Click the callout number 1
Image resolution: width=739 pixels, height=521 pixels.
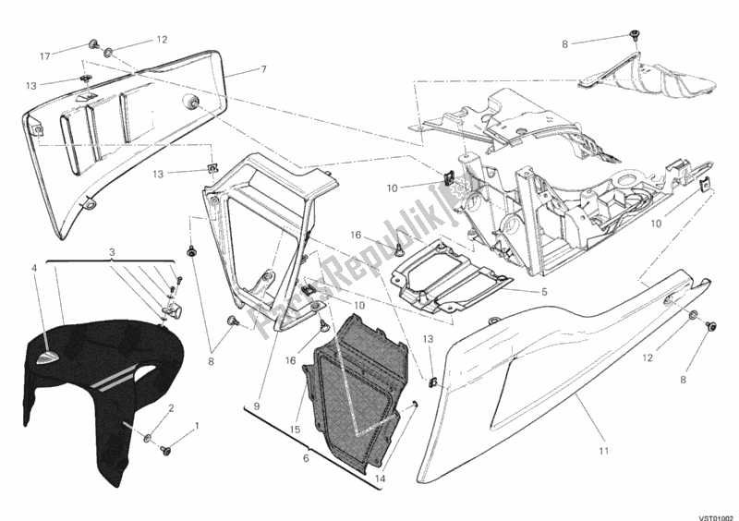[x=196, y=427]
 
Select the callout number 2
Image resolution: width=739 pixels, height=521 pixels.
[x=171, y=408]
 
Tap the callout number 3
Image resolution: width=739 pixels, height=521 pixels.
[x=112, y=252]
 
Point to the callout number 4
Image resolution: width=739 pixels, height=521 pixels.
[x=35, y=269]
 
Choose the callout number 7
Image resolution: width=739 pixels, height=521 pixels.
[x=263, y=69]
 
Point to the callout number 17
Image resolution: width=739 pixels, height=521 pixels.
[x=44, y=57]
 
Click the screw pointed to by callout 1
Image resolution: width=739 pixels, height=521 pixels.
[x=167, y=450]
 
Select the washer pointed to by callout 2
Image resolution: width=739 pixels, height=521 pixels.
[x=149, y=434]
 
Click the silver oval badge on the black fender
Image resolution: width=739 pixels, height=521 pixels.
[x=49, y=353]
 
